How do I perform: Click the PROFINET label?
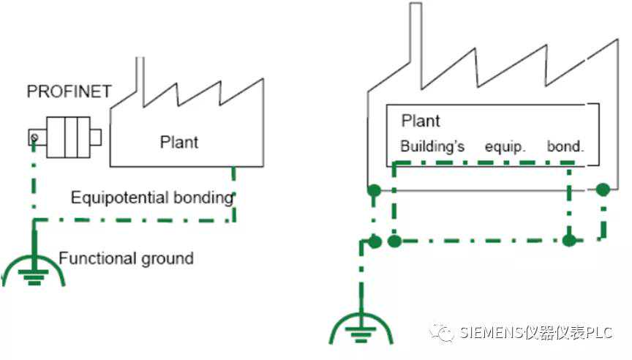[69, 92]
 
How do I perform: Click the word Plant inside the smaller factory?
[178, 141]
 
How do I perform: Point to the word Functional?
[93, 258]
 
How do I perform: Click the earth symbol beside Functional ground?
[33, 269]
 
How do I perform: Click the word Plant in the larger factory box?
[421, 121]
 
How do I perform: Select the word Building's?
[432, 146]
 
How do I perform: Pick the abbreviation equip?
[505, 146]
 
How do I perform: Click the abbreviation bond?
[565, 146]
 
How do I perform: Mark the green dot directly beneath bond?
[570, 240]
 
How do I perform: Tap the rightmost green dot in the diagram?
[603, 190]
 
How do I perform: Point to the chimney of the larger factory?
[415, 44]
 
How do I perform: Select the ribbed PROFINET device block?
[69, 136]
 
